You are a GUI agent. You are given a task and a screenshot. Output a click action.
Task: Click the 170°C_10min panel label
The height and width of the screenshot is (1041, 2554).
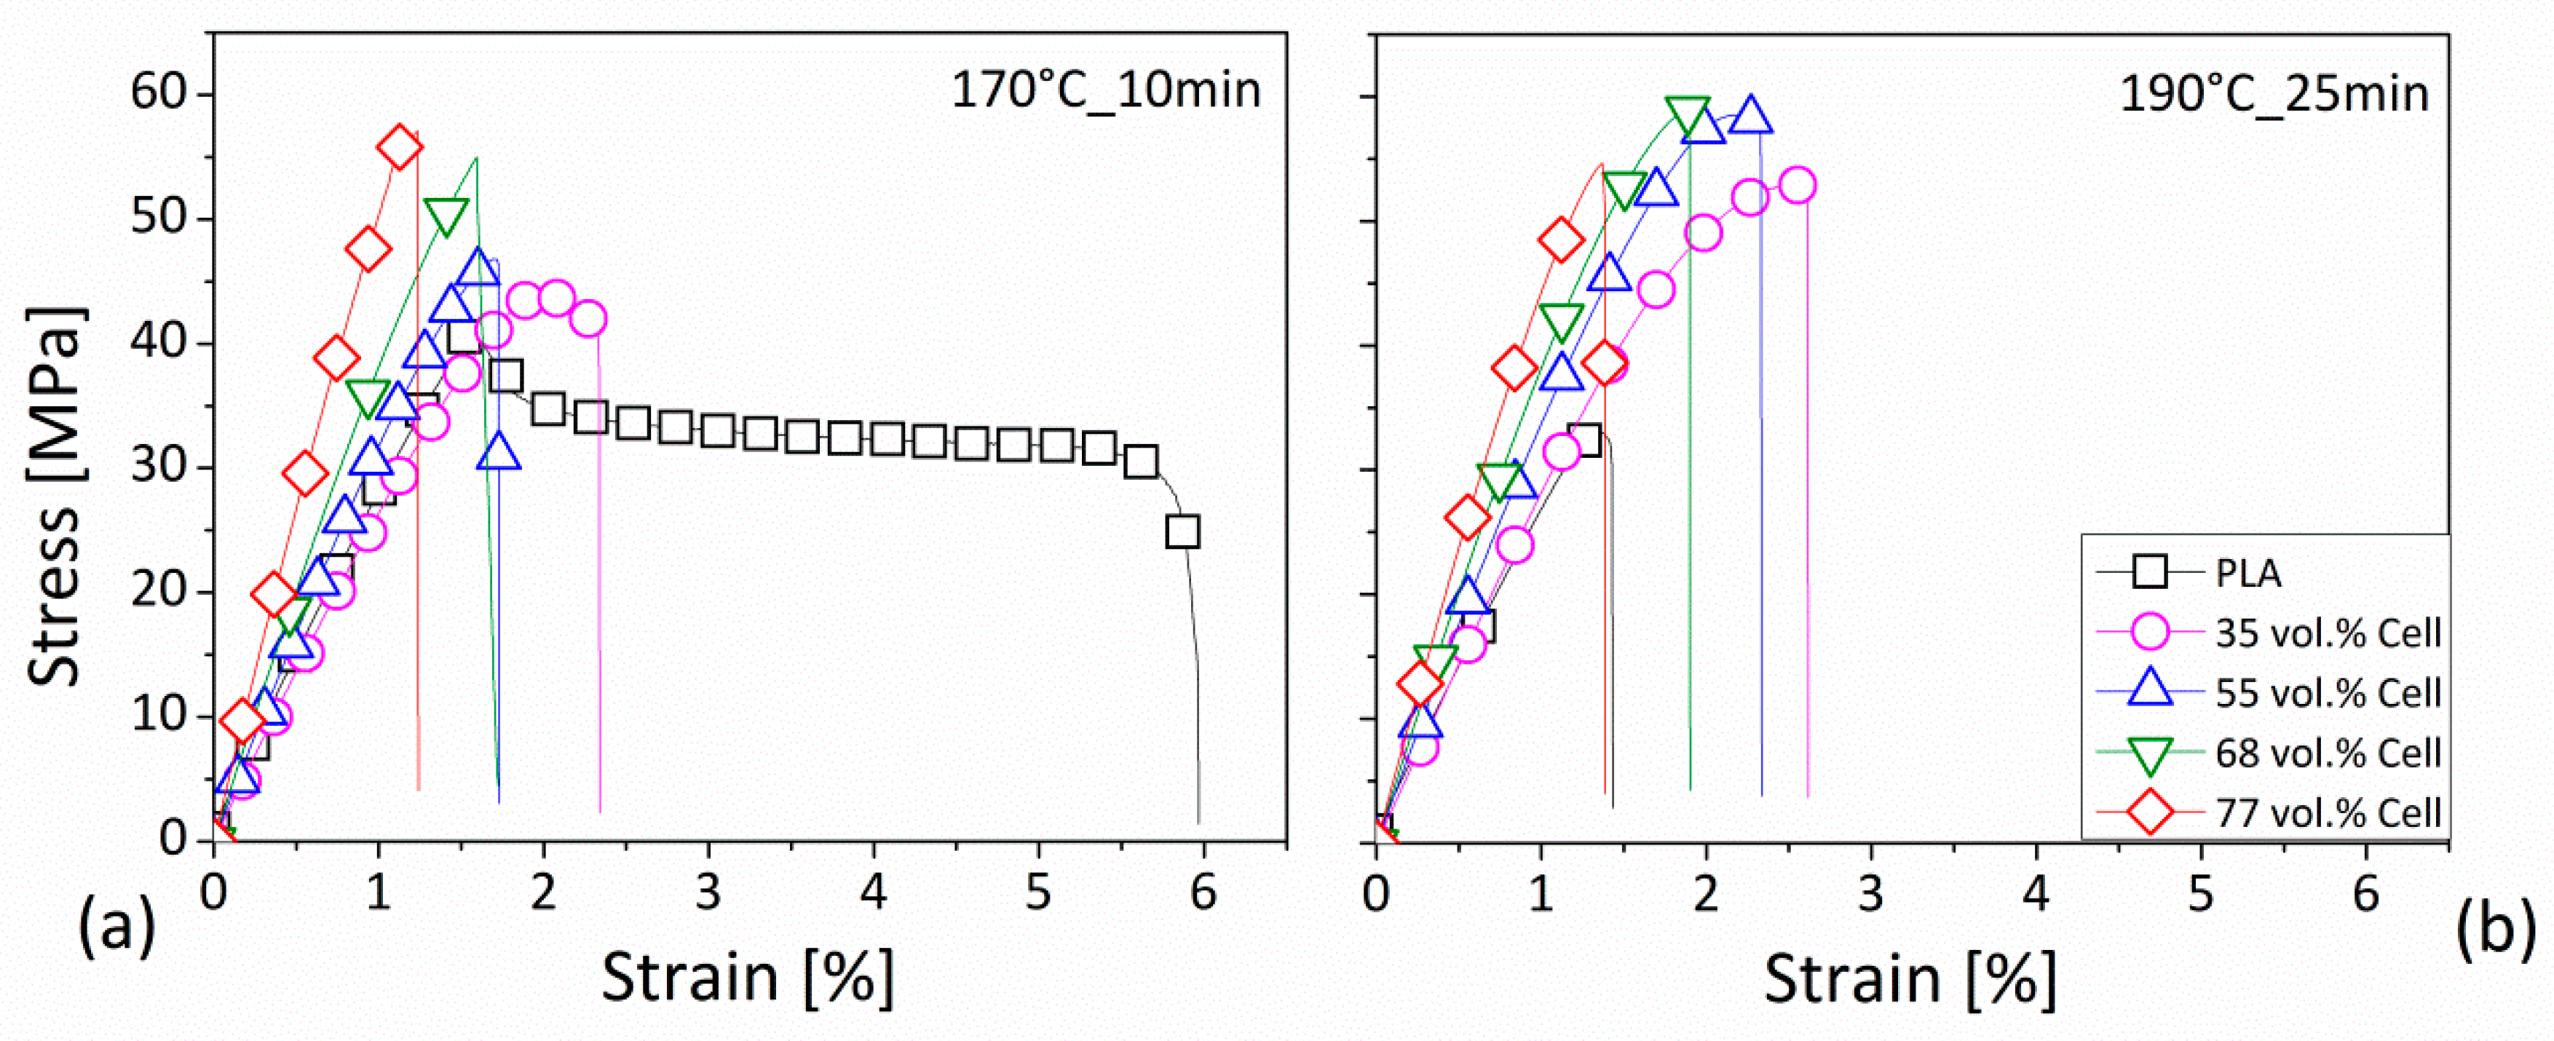click(1105, 91)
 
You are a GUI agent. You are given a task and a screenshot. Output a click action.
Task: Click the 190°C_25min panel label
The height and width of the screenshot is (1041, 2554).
click(2274, 95)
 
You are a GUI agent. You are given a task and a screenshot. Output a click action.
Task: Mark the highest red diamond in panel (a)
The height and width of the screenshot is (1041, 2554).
click(400, 147)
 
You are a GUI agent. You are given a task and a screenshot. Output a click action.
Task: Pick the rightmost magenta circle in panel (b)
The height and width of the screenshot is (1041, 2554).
click(1797, 186)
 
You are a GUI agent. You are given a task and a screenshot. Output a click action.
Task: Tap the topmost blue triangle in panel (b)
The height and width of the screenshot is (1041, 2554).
click(1750, 115)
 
